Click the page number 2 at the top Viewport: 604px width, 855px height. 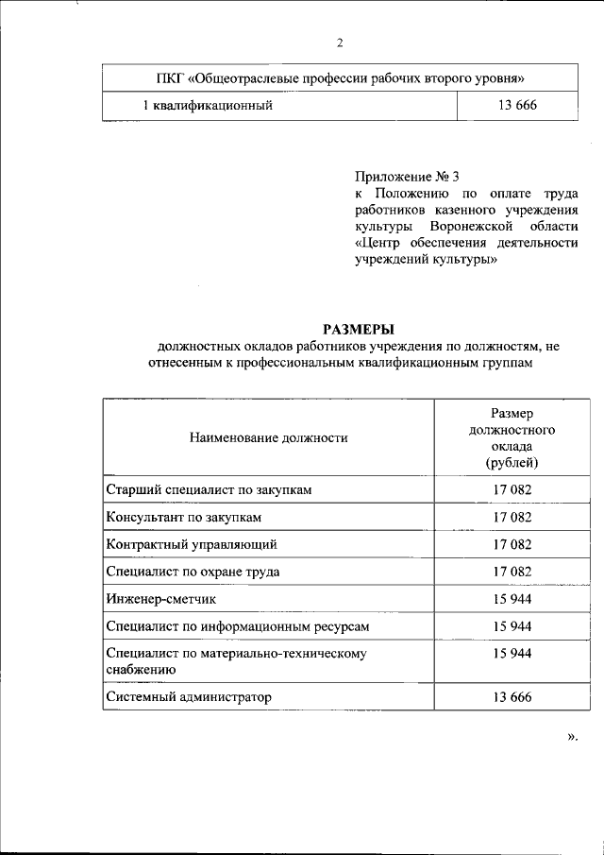click(x=339, y=42)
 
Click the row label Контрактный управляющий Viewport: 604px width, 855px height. click(x=193, y=544)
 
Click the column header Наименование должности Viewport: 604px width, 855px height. click(x=268, y=437)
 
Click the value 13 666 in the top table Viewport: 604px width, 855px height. click(x=516, y=106)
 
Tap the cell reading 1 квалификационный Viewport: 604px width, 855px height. click(x=208, y=106)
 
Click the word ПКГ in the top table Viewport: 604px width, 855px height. click(x=170, y=77)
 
